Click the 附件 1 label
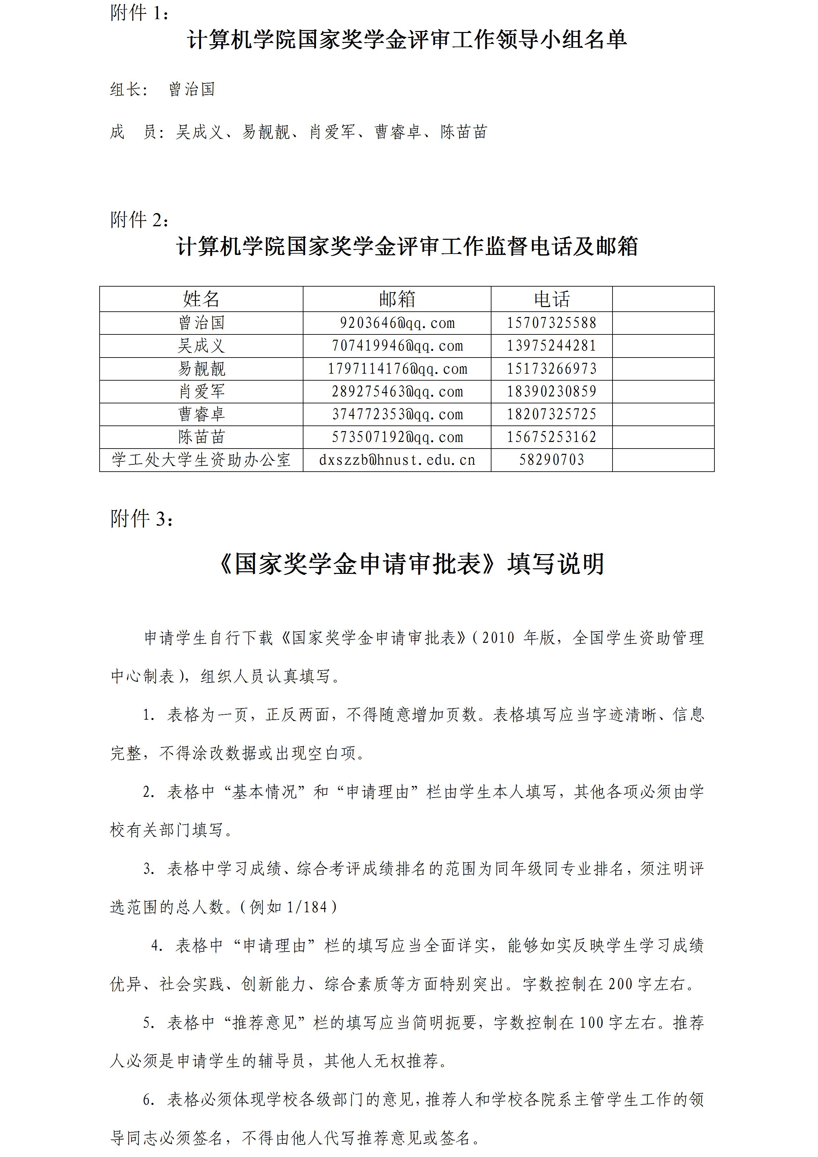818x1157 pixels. coord(139,14)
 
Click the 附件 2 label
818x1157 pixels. coord(140,220)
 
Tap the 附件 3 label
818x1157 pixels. coord(142,518)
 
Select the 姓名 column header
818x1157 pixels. coord(201,299)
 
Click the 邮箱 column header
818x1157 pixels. coord(397,299)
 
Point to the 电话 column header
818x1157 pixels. coord(552,299)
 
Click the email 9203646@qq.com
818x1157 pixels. coord(397,323)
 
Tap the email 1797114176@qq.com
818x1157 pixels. coord(397,369)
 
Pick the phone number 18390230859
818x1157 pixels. coord(552,391)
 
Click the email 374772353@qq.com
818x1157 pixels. coord(397,414)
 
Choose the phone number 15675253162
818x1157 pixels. coord(552,437)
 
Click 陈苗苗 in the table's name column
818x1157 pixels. coord(201,437)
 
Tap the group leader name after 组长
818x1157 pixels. coord(192,90)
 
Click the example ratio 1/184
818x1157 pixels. coord(307,907)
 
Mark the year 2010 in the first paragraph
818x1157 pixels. coord(498,638)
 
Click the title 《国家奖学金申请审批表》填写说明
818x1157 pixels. coord(410,564)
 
